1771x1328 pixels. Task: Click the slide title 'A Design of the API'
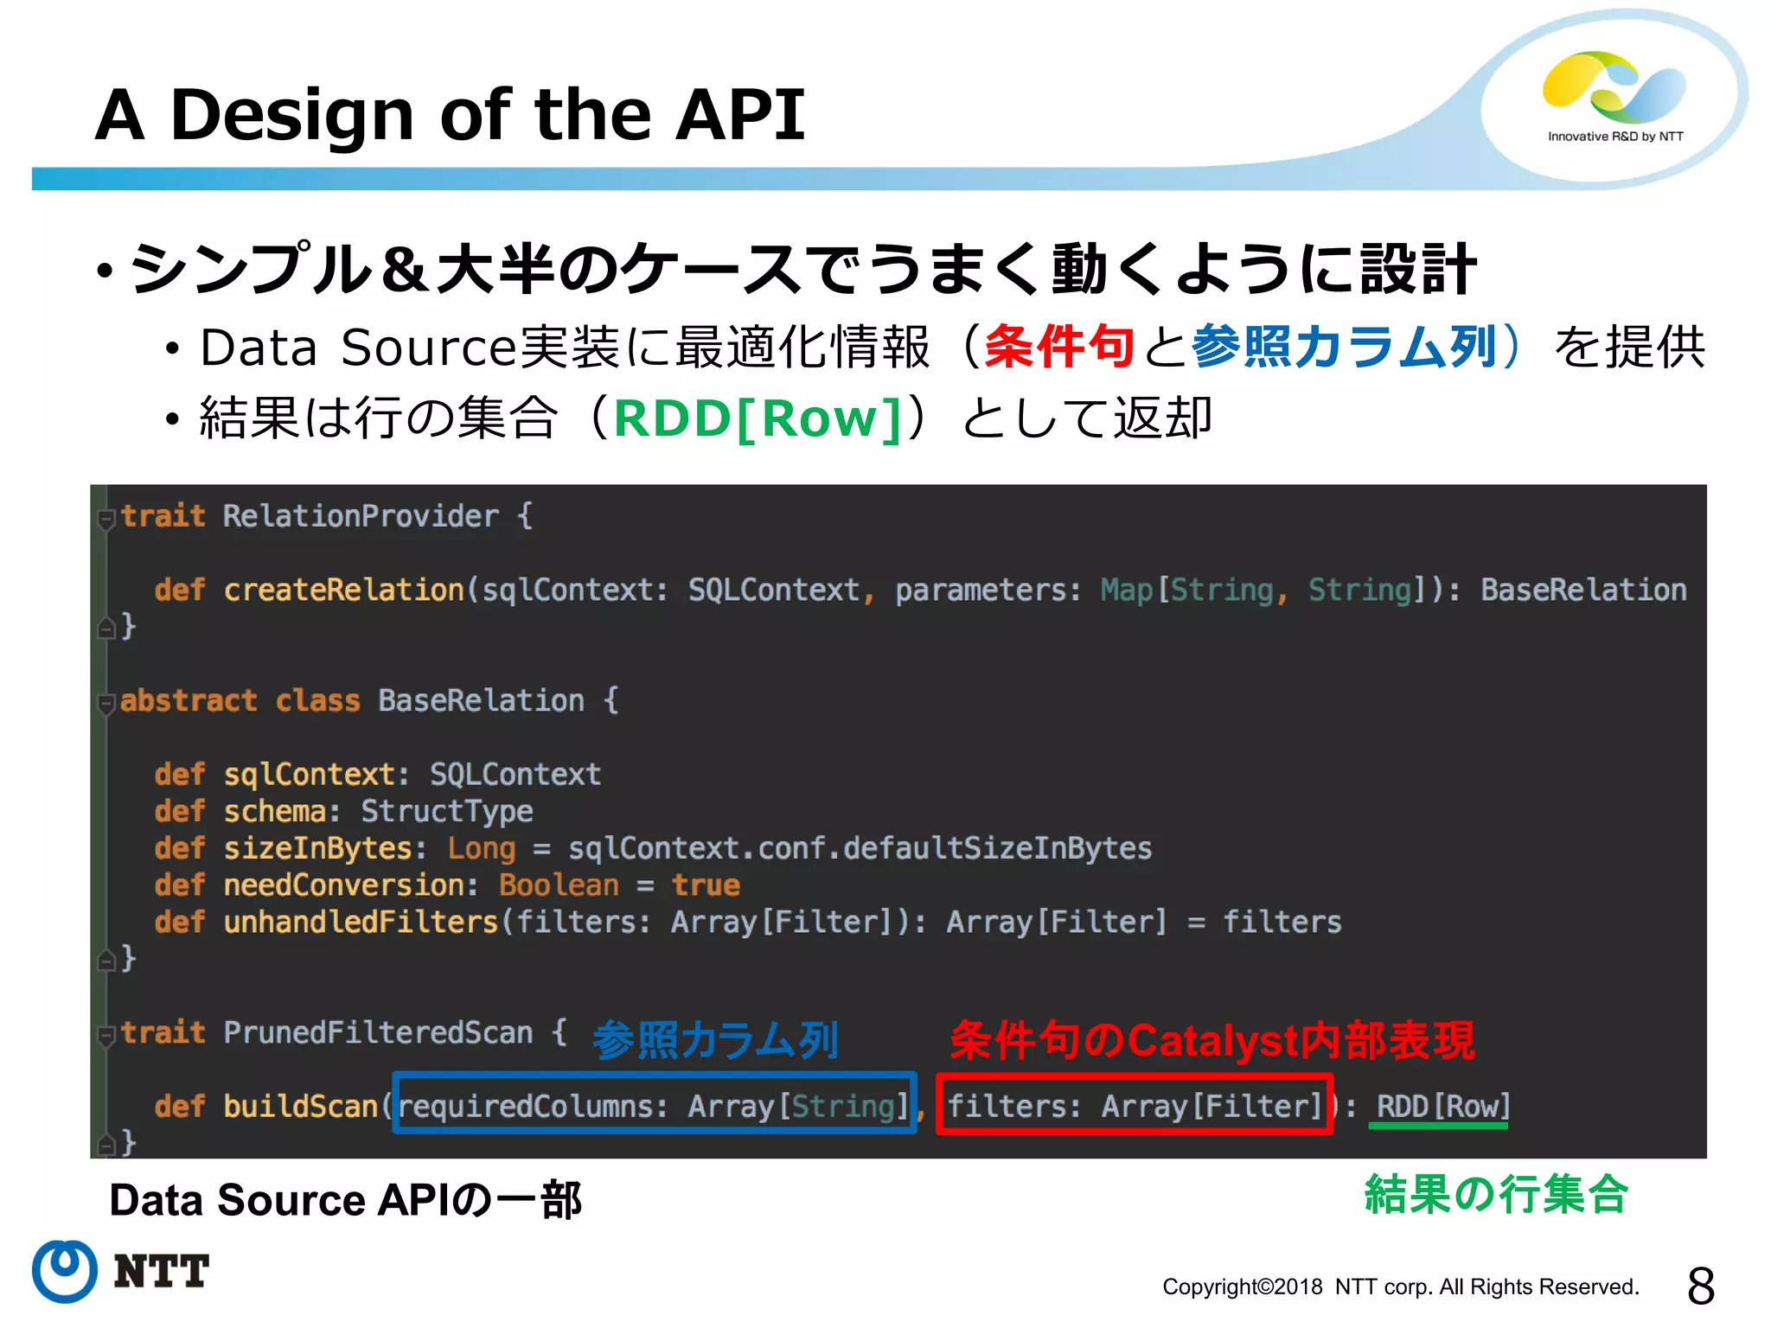pyautogui.click(x=450, y=115)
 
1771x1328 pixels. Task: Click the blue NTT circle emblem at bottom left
pyautogui.click(x=64, y=1271)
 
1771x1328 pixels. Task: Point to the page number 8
pyautogui.click(x=1700, y=1286)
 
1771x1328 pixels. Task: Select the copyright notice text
pyautogui.click(x=1400, y=1287)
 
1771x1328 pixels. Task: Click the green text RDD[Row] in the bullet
pyautogui.click(x=758, y=419)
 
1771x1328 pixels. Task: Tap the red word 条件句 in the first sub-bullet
pyautogui.click(x=1058, y=348)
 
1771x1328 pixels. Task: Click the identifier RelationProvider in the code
pyautogui.click(x=361, y=516)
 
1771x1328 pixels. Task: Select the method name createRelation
pyautogui.click(x=344, y=590)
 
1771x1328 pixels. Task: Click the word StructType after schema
pyautogui.click(x=446, y=811)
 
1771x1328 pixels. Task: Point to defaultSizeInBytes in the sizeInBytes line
pyautogui.click(x=997, y=848)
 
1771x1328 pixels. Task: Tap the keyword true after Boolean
pyautogui.click(x=706, y=885)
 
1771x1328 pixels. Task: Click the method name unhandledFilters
pyautogui.click(x=361, y=922)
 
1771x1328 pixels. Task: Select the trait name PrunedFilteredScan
pyautogui.click(x=378, y=1032)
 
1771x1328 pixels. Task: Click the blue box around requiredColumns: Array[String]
pyautogui.click(x=655, y=1103)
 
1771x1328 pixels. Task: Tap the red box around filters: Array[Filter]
pyautogui.click(x=1134, y=1103)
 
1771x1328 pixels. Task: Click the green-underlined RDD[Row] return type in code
pyautogui.click(x=1442, y=1106)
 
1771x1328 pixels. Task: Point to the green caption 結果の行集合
pyautogui.click(x=1496, y=1195)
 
